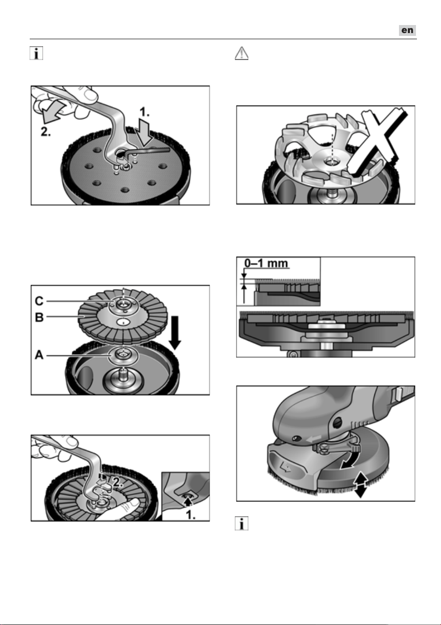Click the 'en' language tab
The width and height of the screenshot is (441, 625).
[x=407, y=30]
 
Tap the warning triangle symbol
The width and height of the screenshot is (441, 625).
[x=242, y=53]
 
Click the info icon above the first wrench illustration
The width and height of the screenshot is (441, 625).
[x=36, y=53]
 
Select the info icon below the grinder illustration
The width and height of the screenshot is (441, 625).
[x=242, y=523]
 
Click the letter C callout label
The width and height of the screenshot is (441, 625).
[x=39, y=301]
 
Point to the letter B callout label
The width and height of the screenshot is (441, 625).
[x=39, y=317]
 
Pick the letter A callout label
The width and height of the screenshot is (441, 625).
[x=39, y=355]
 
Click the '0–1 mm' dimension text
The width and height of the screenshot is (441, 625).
[x=266, y=263]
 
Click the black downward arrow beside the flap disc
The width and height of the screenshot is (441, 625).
[x=175, y=333]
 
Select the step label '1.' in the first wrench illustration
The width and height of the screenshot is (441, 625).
[x=144, y=112]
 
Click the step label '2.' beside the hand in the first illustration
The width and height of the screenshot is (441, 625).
[x=46, y=132]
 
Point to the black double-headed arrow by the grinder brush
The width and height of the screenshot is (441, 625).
[x=360, y=485]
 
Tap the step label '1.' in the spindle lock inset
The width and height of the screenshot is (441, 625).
[x=190, y=515]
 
